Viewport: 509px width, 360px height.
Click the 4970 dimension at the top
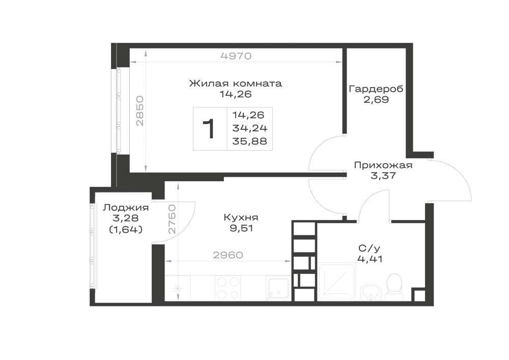pos(236,56)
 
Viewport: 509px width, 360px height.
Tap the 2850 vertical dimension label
pos(140,110)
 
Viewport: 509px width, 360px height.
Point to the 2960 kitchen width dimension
pos(228,255)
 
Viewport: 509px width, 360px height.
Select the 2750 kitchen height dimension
pos(172,219)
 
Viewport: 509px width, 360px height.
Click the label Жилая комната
pos(236,84)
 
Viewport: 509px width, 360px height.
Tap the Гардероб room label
pos(376,89)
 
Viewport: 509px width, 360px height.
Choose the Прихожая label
pos(383,165)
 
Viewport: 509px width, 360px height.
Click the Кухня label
pos(241,217)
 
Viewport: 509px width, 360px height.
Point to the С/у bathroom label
pos(370,248)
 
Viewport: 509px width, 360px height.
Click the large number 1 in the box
pos(209,128)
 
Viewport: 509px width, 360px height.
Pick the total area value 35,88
pos(249,141)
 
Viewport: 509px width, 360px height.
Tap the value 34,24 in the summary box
pos(249,128)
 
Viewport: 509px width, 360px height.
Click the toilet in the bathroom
pos(394,287)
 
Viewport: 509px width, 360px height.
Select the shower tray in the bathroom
pos(337,281)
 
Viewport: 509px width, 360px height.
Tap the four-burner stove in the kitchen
pos(229,288)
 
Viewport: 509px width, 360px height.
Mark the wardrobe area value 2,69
pos(376,99)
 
